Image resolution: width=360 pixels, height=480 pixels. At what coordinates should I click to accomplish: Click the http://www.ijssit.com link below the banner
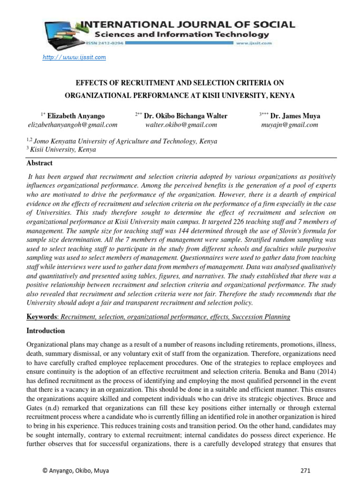tap(75, 57)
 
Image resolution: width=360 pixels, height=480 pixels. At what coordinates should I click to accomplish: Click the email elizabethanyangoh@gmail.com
tap(72, 125)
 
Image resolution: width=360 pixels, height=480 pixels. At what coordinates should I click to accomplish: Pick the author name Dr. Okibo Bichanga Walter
tap(186, 116)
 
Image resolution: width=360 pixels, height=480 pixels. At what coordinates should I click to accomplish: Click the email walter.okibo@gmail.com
tap(181, 125)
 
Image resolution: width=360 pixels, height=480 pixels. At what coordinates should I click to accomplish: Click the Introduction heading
tap(45, 330)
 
